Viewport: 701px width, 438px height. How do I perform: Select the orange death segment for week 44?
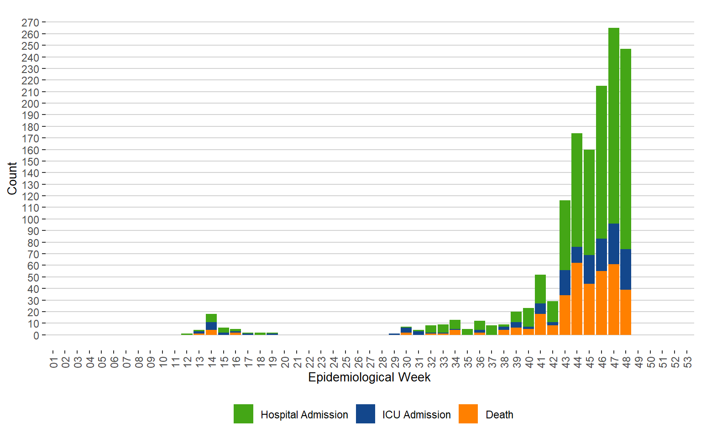577,299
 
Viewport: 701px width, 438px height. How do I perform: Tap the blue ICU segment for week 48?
626,269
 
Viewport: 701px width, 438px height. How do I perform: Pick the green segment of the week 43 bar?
565,235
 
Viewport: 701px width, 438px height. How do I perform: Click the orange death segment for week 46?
602,303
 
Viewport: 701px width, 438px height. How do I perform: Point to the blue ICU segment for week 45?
589,269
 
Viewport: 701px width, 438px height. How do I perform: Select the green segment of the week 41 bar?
540,289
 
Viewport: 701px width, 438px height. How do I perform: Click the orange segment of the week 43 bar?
565,315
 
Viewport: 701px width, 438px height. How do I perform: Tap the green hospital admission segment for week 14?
211,318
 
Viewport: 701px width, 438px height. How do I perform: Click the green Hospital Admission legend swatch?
243,414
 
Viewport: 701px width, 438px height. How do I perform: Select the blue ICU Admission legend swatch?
366,414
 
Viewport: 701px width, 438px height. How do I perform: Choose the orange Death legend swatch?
468,414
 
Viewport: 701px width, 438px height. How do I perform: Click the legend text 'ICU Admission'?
416,415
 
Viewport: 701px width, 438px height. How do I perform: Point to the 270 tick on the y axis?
30,22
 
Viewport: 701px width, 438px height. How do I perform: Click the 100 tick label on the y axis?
30,219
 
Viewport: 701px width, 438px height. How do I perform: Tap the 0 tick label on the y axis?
36,335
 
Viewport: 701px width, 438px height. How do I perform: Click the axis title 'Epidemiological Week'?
369,377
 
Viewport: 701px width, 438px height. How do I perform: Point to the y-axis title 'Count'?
12,178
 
